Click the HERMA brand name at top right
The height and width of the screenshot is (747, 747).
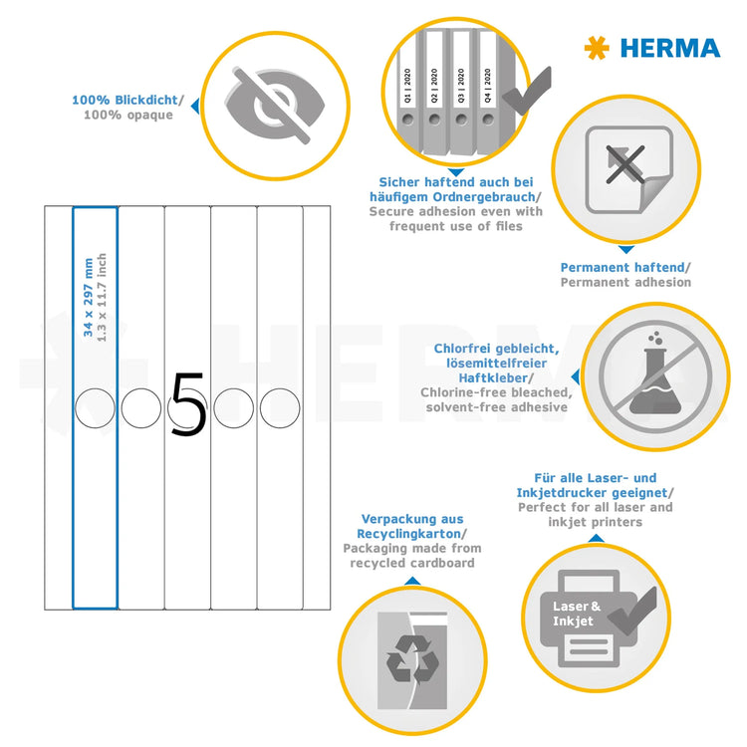pos(669,47)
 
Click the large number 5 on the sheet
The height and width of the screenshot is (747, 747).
pos(188,406)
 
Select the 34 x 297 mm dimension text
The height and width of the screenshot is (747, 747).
pos(88,295)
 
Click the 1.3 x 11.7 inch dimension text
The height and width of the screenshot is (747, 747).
pos(102,295)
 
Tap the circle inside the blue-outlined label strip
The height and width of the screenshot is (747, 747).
pos(95,406)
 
